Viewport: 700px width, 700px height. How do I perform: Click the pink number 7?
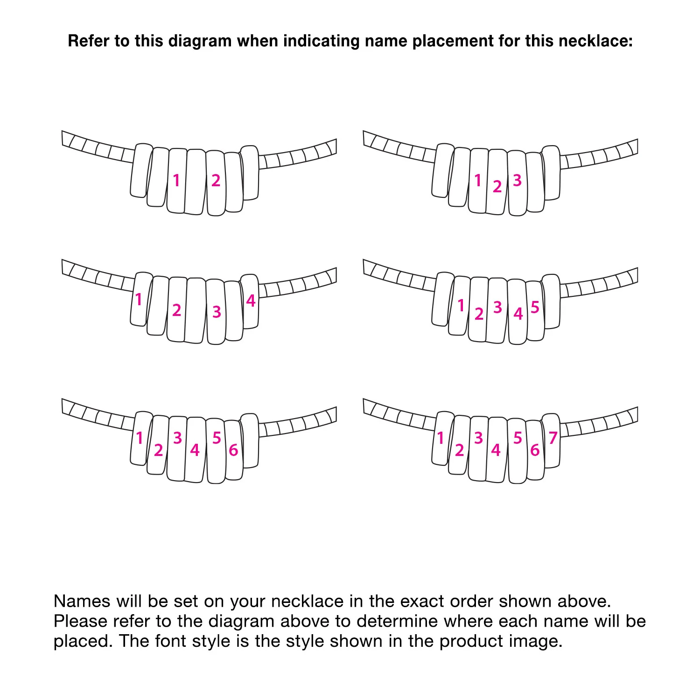553,438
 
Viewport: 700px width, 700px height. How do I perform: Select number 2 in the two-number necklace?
216,180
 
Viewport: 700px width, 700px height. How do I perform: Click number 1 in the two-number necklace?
176,180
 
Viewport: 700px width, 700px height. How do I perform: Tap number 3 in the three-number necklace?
517,180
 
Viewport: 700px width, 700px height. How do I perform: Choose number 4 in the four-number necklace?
251,301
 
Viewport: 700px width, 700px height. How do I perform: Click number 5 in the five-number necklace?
535,307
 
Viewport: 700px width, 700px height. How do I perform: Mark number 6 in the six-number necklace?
233,450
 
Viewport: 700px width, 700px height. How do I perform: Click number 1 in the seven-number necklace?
440,438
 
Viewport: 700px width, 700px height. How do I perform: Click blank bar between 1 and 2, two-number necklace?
196,182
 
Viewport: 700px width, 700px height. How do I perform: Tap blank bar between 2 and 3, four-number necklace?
196,310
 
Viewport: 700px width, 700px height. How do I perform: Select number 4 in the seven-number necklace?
496,450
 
